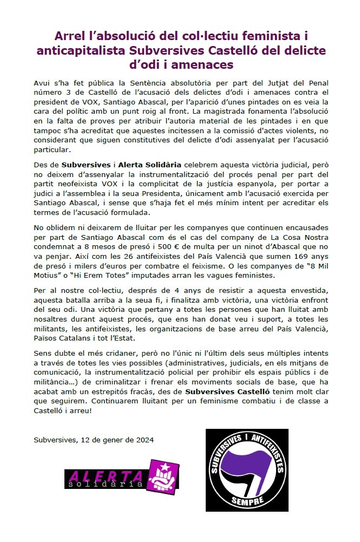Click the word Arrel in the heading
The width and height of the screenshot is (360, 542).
[x=70, y=37]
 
